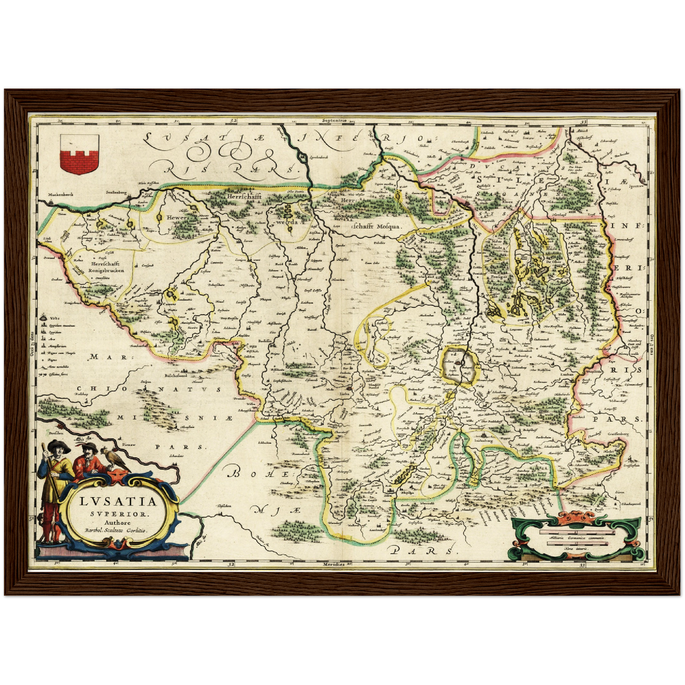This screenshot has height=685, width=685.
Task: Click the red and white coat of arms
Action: coord(79,154)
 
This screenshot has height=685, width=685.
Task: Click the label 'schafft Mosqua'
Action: coord(376,227)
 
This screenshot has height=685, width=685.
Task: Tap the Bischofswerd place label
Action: coord(176,376)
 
